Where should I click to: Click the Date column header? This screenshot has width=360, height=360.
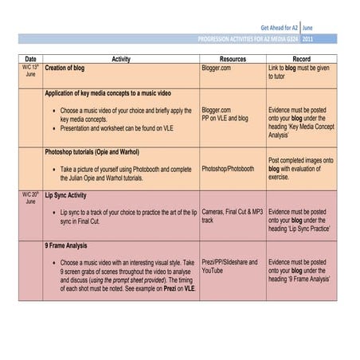30,59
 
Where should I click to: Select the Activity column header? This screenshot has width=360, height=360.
121,59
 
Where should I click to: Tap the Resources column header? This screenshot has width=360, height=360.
233,59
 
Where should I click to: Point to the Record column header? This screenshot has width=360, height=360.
301,59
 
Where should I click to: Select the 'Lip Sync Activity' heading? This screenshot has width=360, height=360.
66,194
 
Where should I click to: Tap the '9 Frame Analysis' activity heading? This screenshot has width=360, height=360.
66,247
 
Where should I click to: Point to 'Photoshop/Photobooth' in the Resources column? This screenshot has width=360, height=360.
228,169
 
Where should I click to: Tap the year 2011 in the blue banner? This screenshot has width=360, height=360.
307,38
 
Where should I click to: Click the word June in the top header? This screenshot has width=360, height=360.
308,27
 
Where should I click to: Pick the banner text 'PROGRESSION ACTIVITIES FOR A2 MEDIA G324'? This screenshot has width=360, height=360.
248,38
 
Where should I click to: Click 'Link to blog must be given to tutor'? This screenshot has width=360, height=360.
299,72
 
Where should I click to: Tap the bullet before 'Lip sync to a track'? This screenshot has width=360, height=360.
53,213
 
